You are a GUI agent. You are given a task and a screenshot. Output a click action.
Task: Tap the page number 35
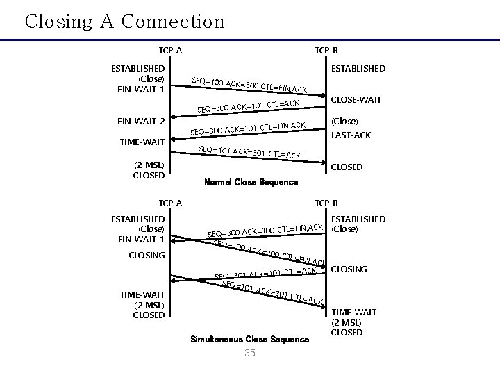(x=250, y=353)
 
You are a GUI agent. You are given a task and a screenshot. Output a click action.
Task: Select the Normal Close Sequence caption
(x=251, y=183)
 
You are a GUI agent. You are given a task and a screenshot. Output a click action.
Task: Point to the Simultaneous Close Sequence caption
(x=249, y=340)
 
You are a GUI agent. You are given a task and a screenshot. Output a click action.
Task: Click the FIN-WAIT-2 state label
(x=140, y=122)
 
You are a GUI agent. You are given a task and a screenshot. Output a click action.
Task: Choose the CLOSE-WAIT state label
(x=356, y=100)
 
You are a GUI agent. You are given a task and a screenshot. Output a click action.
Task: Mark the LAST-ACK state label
(x=352, y=135)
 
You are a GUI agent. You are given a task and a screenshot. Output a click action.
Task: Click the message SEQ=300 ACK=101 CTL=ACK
(x=248, y=106)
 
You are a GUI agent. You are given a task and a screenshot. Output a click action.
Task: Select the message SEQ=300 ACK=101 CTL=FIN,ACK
(x=248, y=128)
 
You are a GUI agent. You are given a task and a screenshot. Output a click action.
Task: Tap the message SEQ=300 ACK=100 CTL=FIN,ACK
(x=266, y=230)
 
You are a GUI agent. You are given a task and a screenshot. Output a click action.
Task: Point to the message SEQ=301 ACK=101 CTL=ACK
(x=265, y=273)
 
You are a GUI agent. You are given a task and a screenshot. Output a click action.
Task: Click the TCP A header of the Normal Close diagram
(x=170, y=50)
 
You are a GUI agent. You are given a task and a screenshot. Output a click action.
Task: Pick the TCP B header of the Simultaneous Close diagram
(x=326, y=203)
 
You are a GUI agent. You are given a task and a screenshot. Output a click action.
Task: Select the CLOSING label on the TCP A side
(x=147, y=255)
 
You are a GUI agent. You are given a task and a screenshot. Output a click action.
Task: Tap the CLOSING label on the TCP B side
(x=350, y=269)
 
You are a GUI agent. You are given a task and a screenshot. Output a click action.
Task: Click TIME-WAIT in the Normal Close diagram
(x=142, y=142)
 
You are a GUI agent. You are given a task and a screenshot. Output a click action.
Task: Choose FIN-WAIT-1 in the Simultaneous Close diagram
(x=141, y=240)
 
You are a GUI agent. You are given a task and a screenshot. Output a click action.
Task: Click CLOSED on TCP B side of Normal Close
(x=347, y=167)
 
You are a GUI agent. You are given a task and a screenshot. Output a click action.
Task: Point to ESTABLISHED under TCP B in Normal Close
(x=358, y=69)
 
